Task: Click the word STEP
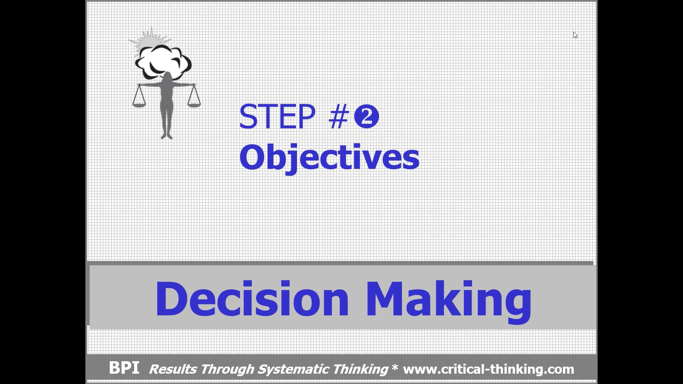point(277,117)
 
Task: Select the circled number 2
point(366,118)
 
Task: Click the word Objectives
point(329,158)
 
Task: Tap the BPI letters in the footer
point(124,368)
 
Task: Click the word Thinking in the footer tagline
point(360,369)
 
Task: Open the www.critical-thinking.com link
point(488,369)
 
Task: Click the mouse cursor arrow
point(575,35)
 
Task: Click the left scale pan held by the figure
point(139,104)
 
